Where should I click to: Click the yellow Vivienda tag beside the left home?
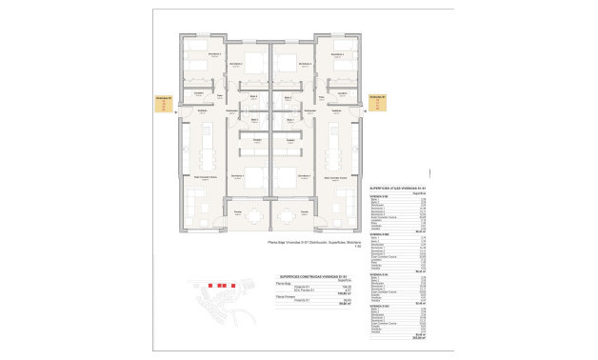[x=165, y=103]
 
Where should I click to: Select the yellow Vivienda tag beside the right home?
[x=378, y=103]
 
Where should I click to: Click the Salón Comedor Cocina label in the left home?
[x=205, y=177]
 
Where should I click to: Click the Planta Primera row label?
[x=282, y=297]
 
